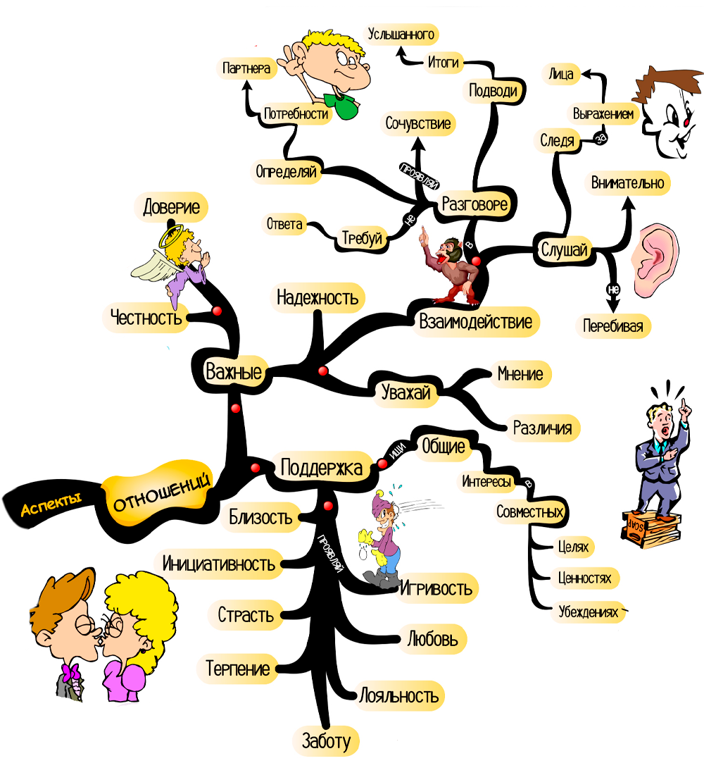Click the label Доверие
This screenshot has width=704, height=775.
176,207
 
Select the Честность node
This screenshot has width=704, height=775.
146,318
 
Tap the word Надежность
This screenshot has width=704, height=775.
318,297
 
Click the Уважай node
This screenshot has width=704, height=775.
406,393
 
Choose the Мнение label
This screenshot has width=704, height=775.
520,373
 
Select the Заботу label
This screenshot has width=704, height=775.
326,740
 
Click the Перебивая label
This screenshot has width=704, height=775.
612,326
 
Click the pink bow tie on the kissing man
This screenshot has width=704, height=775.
71,672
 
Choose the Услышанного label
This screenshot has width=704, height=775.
401,34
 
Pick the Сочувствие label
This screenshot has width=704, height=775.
418,123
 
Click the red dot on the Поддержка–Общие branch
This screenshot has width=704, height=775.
382,464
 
